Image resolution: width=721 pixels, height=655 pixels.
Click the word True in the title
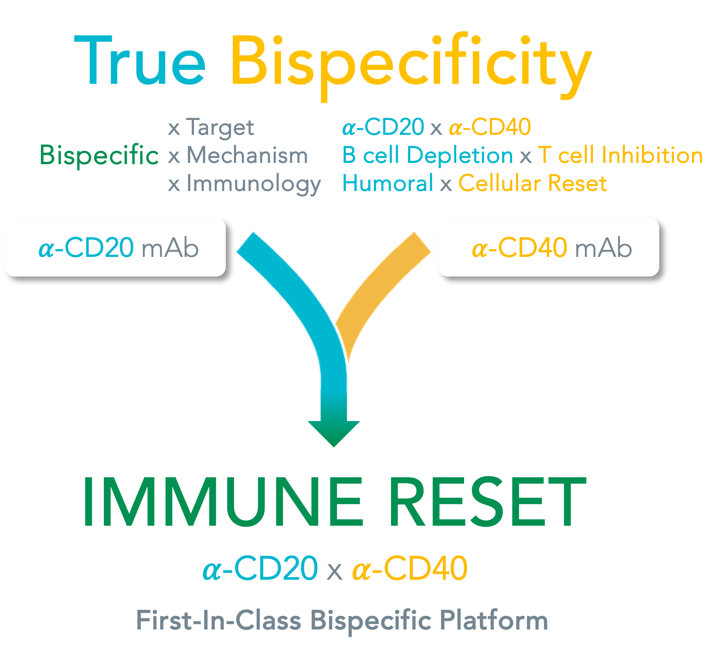click(140, 62)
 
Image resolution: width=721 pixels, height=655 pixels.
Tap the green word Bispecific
click(99, 155)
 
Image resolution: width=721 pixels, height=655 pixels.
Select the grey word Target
click(220, 128)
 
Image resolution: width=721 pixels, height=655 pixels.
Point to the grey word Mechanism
click(247, 156)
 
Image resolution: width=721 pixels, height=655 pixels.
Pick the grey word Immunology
click(254, 184)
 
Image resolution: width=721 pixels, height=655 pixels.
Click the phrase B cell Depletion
click(427, 155)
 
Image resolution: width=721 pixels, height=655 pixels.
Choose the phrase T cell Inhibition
click(620, 155)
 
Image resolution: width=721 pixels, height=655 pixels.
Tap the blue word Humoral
click(388, 184)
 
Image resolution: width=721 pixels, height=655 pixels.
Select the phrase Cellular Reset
click(533, 184)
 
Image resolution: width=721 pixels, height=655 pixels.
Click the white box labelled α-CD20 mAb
click(115, 248)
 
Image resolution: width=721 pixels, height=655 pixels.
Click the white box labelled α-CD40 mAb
click(548, 248)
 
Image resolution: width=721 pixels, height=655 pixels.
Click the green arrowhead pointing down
click(334, 432)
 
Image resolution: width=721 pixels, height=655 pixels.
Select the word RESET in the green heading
click(487, 502)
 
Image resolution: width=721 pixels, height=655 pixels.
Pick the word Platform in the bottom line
click(493, 621)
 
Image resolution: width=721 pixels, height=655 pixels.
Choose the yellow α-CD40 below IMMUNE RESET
click(410, 569)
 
